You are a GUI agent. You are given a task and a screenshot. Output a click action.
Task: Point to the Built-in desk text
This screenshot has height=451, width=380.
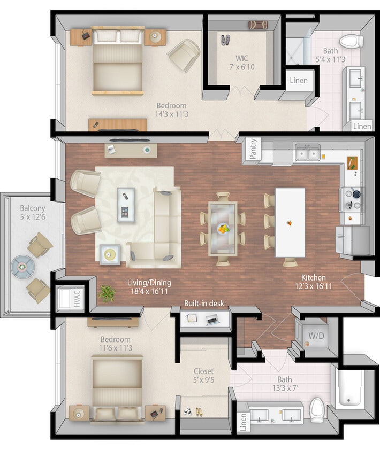pos(204,304)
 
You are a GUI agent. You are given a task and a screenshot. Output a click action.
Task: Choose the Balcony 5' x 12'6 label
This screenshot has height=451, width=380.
pos(33,213)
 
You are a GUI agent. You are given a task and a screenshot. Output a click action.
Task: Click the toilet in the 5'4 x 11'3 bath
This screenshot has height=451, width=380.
pos(352,41)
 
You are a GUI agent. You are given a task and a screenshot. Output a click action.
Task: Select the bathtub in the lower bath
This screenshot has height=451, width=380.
pos(349,387)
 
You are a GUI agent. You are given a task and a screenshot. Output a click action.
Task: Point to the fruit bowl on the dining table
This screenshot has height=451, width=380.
pos(223,228)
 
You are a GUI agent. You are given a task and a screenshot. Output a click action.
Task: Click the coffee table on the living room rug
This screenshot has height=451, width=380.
pos(126,202)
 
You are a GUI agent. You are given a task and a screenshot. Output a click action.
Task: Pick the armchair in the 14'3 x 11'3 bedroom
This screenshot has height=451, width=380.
pos(184,55)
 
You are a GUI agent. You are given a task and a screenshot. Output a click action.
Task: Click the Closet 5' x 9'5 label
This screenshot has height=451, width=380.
pos(203,376)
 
